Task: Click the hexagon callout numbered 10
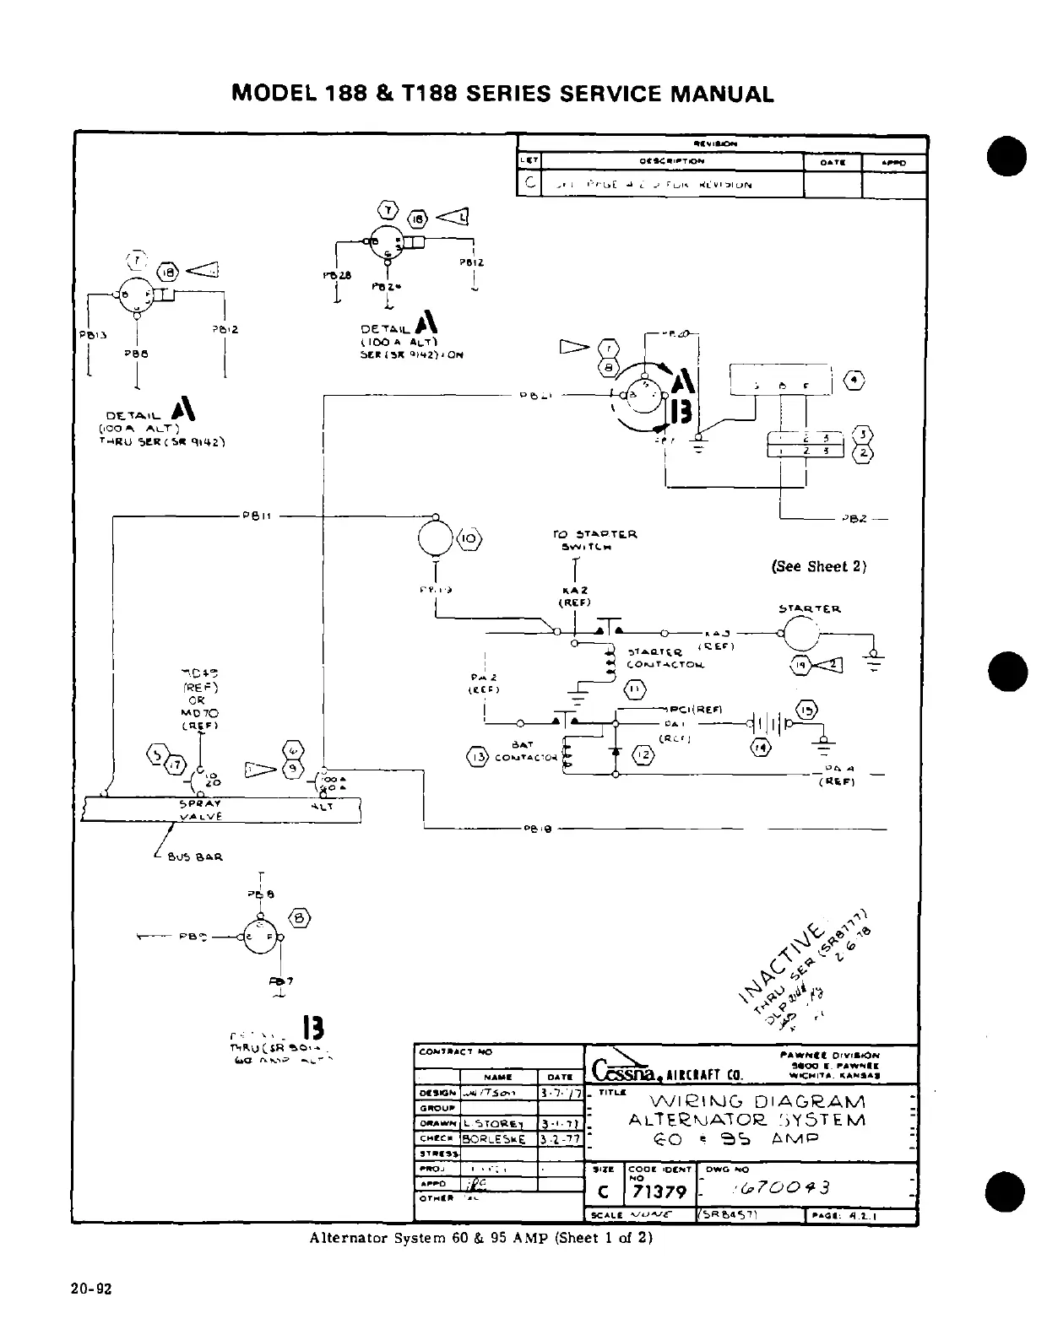tap(469, 538)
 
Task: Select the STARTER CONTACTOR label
tap(663, 658)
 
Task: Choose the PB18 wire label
tap(538, 829)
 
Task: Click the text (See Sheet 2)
tap(819, 566)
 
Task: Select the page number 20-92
tap(92, 1289)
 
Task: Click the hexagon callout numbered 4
tap(854, 381)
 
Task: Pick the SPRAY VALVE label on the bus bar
tap(200, 810)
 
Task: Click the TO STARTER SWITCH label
tap(594, 540)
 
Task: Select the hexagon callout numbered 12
tap(643, 754)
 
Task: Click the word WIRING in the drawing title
tap(686, 1102)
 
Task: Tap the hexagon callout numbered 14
tap(761, 746)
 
